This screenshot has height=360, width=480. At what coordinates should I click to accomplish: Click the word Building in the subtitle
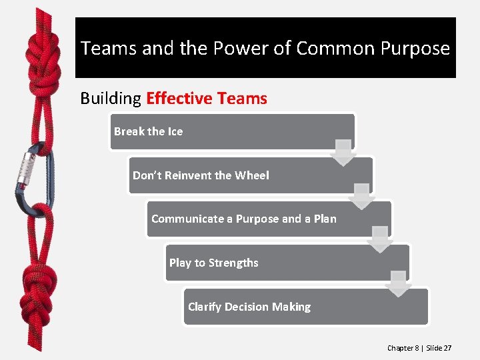point(111,99)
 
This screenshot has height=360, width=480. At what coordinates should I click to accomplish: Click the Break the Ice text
point(148,131)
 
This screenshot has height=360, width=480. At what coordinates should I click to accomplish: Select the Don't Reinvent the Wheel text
point(201,175)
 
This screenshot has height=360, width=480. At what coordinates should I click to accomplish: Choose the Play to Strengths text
point(213,263)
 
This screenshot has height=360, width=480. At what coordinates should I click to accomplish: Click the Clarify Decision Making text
point(249,307)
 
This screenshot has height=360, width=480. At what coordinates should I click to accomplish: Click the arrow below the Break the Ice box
point(343,153)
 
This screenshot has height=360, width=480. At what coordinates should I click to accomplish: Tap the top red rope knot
point(41,63)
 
